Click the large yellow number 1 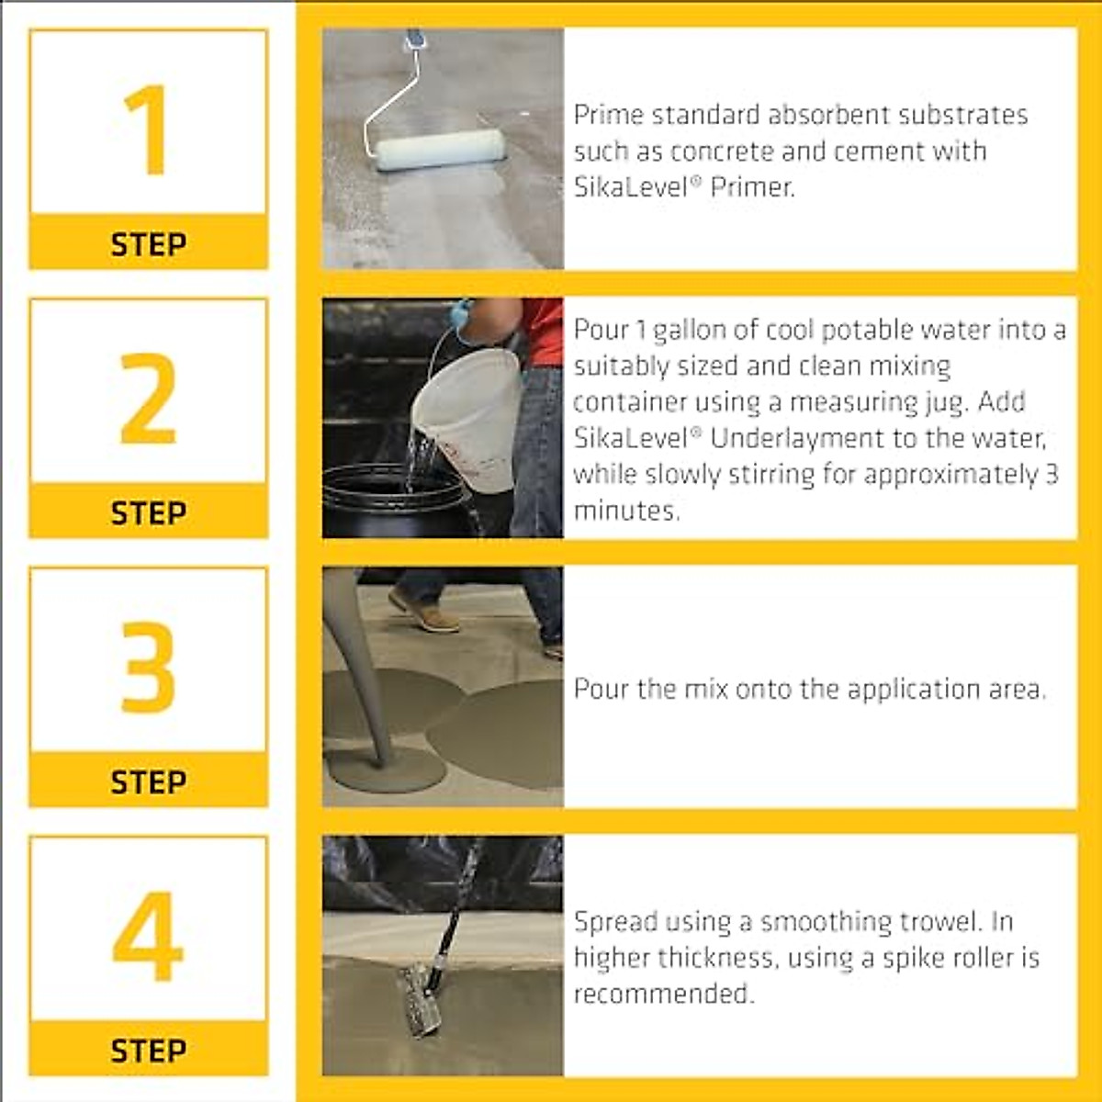point(147,129)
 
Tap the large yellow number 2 point(148,398)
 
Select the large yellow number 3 point(148,668)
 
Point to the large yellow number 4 point(147,937)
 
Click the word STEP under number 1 point(148,244)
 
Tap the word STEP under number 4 point(148,1051)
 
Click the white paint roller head point(441,150)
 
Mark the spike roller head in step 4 point(421,999)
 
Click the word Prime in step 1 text point(602,116)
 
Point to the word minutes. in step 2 point(626,511)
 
